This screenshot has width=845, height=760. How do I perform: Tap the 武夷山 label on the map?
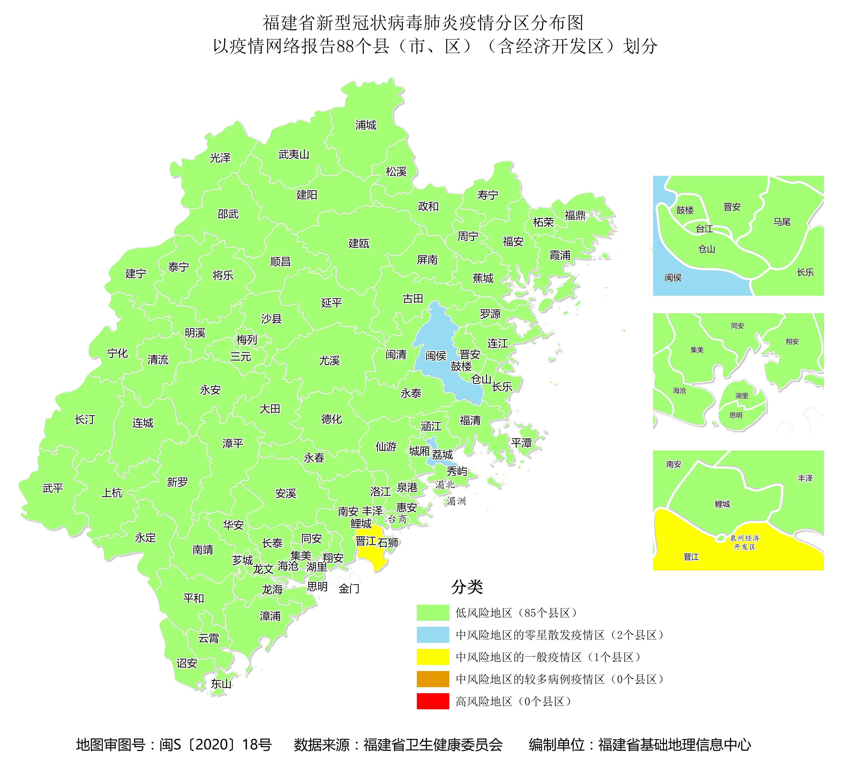pos(294,155)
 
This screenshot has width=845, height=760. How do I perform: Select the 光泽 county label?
pos(220,158)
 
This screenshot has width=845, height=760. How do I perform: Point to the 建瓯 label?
pos(359,243)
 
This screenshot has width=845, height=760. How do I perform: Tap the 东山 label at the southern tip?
pos(221,684)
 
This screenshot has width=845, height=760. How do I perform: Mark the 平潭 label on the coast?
pos(521,443)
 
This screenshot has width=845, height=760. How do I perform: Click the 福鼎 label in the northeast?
pos(575,216)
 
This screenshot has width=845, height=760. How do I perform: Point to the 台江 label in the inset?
pos(704,229)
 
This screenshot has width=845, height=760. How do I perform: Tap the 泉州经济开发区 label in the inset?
pos(745,543)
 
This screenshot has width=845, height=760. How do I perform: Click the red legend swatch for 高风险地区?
pos(433,701)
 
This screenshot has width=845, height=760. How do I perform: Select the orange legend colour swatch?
pos(433,679)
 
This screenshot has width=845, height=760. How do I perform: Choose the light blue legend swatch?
pos(433,635)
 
